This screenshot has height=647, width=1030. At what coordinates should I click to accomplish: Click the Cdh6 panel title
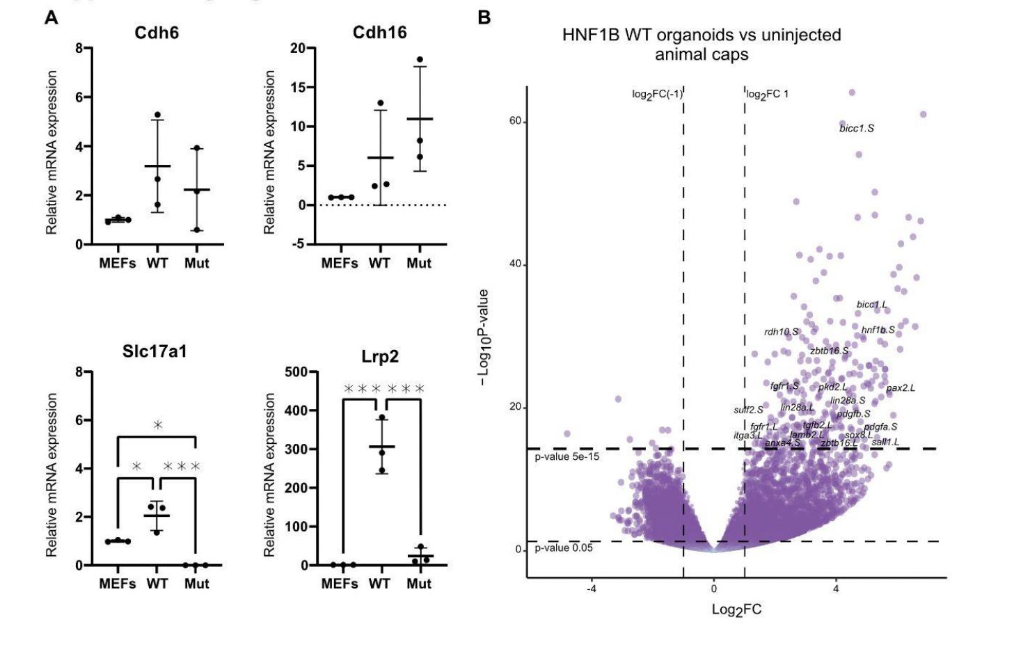point(157,33)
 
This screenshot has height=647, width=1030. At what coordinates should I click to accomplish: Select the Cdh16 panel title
point(379,33)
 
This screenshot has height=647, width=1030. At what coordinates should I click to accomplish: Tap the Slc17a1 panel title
point(154,352)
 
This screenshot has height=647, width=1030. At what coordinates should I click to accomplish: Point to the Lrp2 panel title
point(379,357)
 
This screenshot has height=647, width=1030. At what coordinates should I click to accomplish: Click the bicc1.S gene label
point(856,128)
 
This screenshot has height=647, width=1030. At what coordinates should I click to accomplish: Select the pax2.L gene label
point(901,388)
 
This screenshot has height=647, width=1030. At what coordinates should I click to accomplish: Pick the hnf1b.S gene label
point(878,330)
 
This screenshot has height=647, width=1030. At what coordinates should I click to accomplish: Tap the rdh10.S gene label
point(781,332)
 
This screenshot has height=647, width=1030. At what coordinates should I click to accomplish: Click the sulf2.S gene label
point(748,410)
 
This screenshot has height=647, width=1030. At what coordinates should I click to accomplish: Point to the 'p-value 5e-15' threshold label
point(566,457)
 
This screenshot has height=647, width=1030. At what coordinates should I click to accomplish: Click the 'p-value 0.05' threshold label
point(564,548)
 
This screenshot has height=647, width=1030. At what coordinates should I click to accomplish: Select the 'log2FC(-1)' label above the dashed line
point(657,95)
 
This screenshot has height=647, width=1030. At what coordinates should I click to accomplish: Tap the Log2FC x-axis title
point(736,610)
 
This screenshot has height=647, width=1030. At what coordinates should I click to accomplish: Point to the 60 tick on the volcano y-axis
point(514,121)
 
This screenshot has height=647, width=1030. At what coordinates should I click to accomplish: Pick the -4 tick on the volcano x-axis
point(591,589)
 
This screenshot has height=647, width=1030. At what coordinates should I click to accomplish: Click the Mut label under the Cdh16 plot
point(419,263)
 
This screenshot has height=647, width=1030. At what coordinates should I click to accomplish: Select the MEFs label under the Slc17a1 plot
point(118,583)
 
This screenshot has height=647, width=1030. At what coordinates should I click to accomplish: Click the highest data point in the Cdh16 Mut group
point(420,60)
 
